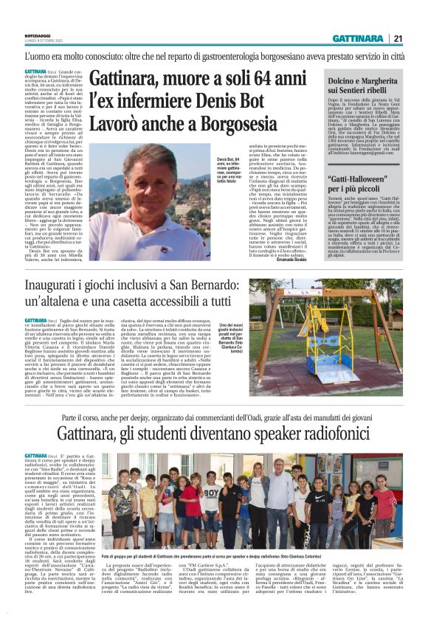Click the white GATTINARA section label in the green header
[x=358, y=38]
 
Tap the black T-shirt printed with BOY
[x=211, y=496]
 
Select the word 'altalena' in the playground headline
[x=80, y=302]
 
